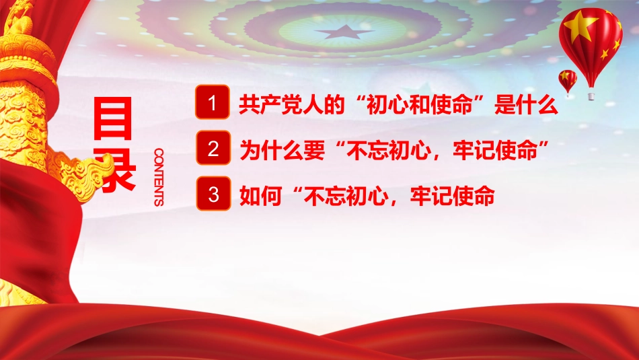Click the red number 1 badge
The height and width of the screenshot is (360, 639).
point(213,104)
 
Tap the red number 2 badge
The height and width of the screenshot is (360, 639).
point(213,149)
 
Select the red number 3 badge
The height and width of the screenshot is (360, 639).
point(213,195)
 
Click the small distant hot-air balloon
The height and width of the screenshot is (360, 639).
point(568,79)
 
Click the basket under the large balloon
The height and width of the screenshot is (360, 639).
point(591,96)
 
